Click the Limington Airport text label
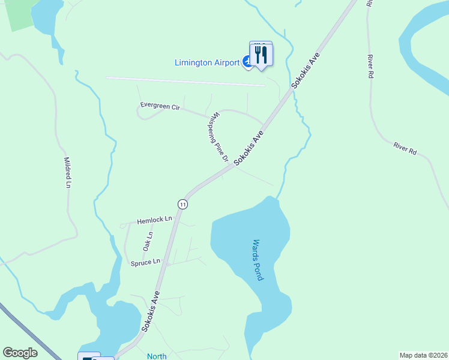(x=206, y=62)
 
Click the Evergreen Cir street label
(x=160, y=106)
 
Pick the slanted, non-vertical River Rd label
(x=405, y=148)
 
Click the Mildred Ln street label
(x=67, y=173)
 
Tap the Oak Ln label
(x=148, y=242)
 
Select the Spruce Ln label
(x=146, y=262)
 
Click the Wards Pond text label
(x=257, y=260)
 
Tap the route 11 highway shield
(x=182, y=204)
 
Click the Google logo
(x=20, y=353)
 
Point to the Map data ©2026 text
(x=423, y=355)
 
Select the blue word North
(x=157, y=356)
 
